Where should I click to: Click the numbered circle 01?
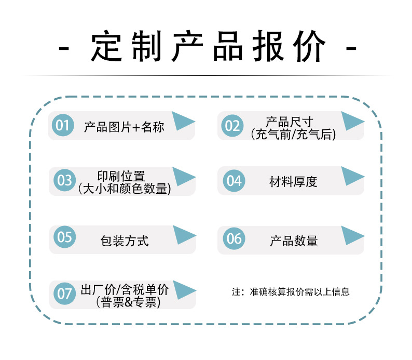(63, 125)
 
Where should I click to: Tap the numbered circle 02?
(232, 125)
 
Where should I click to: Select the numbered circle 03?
(65, 180)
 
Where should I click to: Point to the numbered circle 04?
(234, 181)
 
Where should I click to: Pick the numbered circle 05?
(65, 237)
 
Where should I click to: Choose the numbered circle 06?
(234, 238)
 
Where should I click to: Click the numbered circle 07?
(65, 294)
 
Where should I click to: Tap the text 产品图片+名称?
(124, 127)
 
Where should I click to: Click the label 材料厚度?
(293, 182)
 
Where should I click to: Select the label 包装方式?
(125, 241)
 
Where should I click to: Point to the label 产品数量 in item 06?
(294, 241)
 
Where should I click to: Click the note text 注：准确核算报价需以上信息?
(291, 291)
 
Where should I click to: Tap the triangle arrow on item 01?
(182, 121)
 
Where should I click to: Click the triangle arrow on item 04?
(351, 176)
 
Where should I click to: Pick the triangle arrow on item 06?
(351, 235)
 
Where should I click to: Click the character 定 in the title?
(106, 46)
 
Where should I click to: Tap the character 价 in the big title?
(309, 46)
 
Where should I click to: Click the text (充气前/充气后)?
(293, 135)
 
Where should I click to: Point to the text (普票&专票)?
(128, 302)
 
